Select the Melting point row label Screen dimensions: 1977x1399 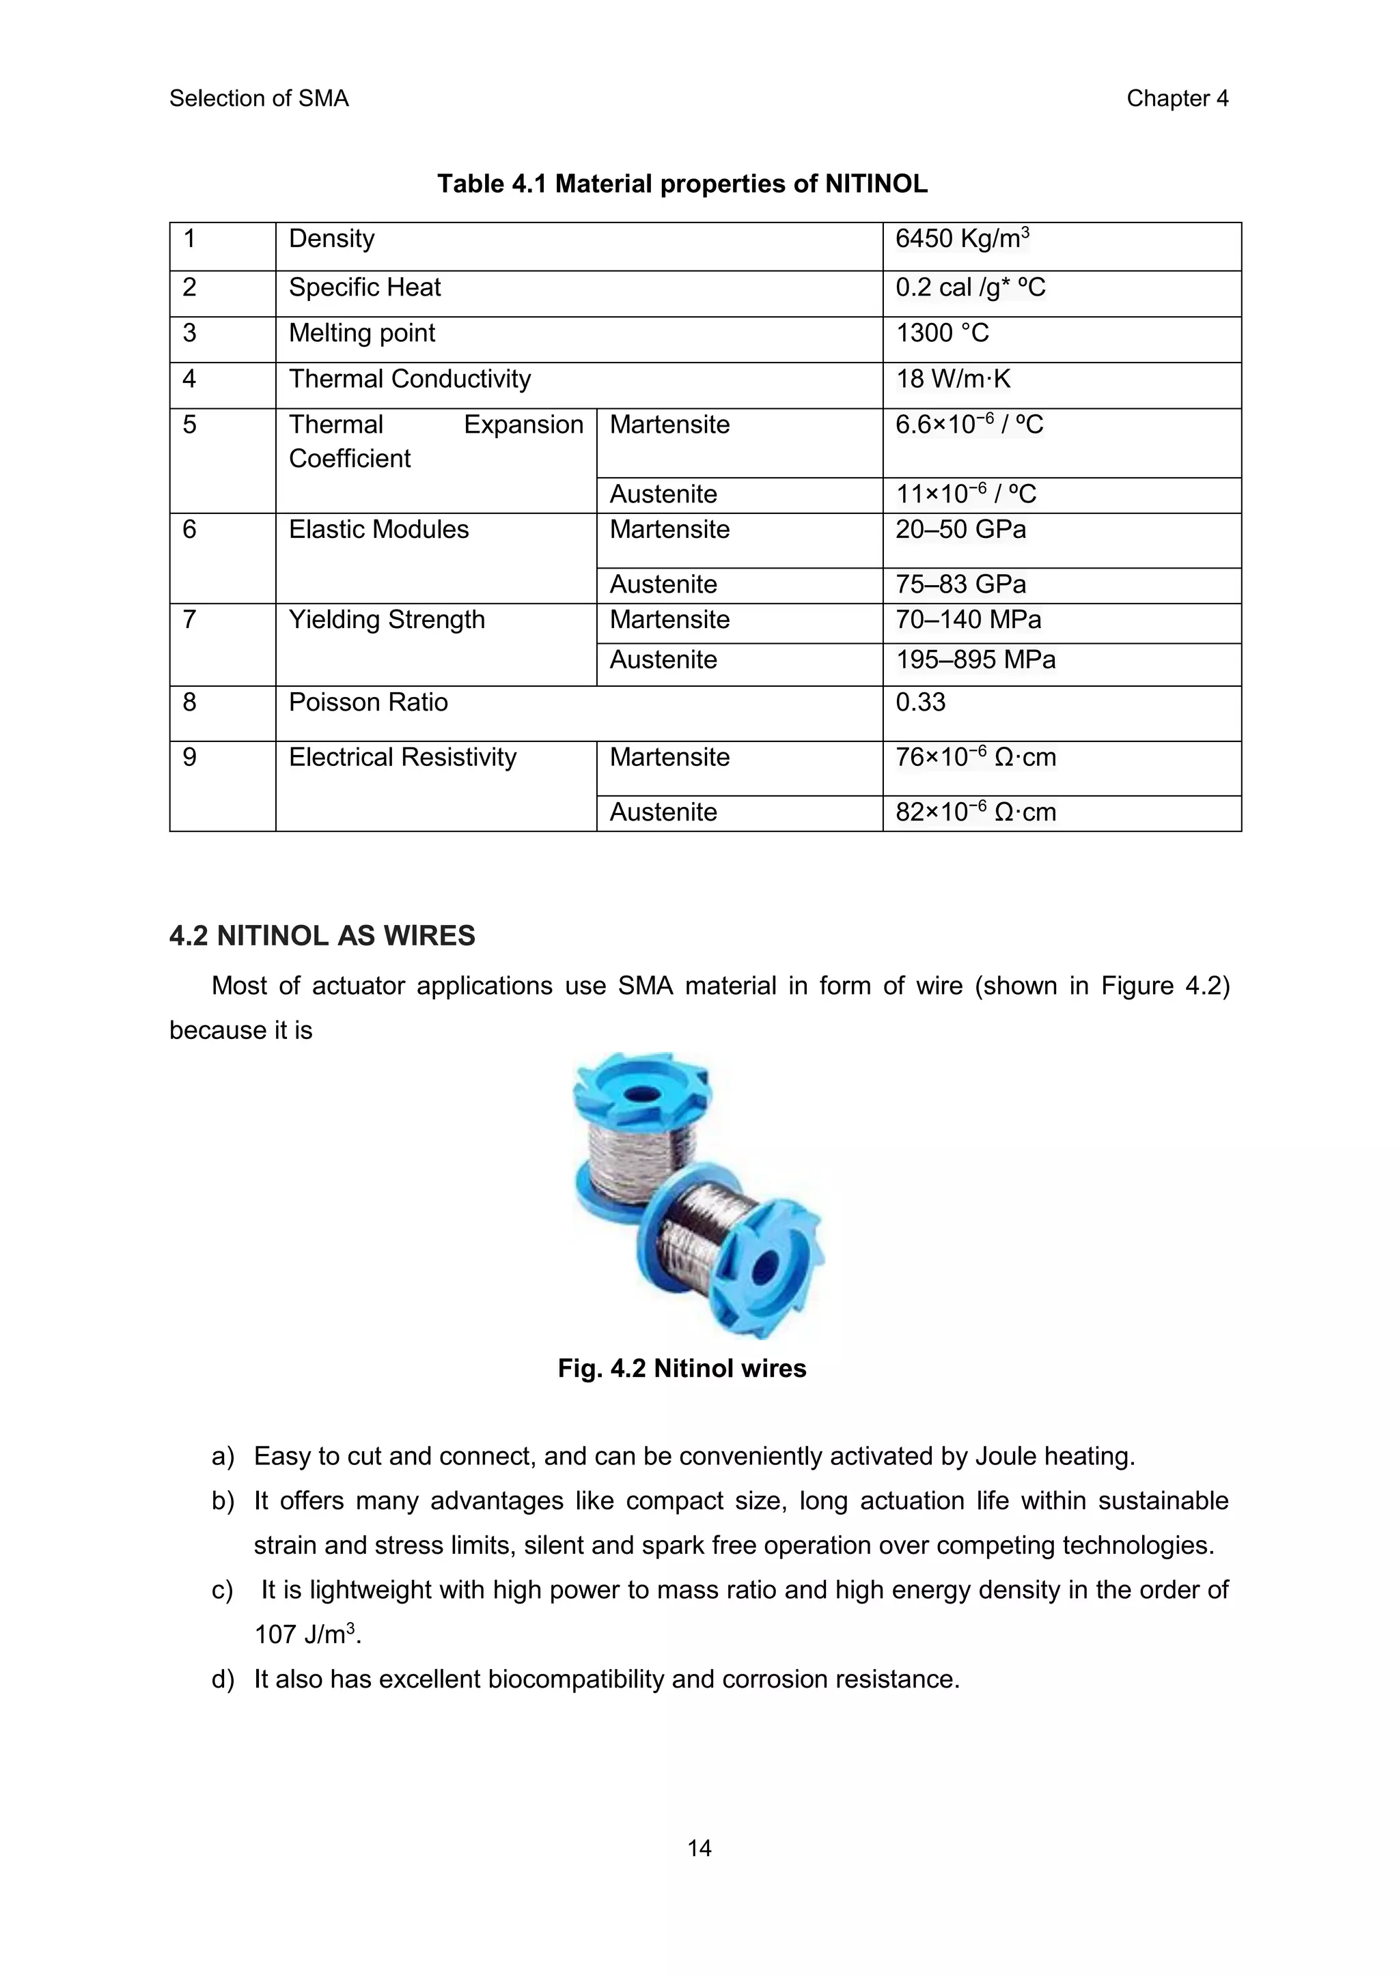pyautogui.click(x=362, y=333)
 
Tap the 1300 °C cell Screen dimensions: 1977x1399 pyautogui.click(x=943, y=333)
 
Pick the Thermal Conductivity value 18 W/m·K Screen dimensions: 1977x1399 pyautogui.click(x=953, y=379)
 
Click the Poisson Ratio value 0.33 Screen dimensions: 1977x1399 pyautogui.click(x=920, y=702)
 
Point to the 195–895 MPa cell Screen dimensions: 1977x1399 pyautogui.click(x=975, y=660)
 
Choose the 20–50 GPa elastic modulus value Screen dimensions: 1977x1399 pyautogui.click(x=960, y=530)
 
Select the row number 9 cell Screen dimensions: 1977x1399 pyautogui.click(x=189, y=758)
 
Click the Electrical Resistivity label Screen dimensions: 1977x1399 pyautogui.click(x=402, y=758)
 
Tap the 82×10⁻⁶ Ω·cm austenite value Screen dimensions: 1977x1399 pyautogui.click(x=975, y=812)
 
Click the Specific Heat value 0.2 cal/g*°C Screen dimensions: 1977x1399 pyautogui.click(x=970, y=287)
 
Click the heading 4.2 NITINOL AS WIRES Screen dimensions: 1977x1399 pyautogui.click(x=322, y=936)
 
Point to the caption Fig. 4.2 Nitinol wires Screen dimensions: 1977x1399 pyautogui.click(x=682, y=1368)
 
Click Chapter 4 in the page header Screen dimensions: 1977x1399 pyautogui.click(x=1177, y=99)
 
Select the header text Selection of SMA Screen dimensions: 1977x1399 pyautogui.click(x=258, y=99)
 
